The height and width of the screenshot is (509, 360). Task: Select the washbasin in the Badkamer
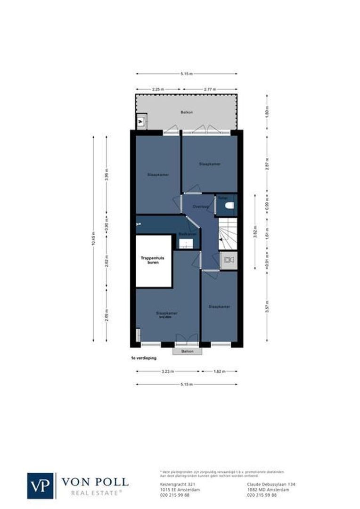pos(186,244)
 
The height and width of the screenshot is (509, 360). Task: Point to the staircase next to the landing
pos(227,234)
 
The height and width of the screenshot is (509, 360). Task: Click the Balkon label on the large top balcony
pos(187,112)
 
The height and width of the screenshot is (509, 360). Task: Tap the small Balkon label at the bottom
pos(187,351)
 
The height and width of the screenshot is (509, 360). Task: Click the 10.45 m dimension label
pos(93,239)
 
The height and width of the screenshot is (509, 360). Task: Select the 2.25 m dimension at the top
pos(158,89)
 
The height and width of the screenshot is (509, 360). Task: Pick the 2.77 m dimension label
pos(210,89)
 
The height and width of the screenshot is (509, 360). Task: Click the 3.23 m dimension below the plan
pos(168,371)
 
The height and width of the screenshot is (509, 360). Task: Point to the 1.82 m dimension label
pos(220,371)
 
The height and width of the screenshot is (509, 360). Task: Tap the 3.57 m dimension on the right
pos(267,307)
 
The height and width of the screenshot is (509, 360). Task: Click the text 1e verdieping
pos(144,358)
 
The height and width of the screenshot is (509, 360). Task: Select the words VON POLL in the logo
pos(95,482)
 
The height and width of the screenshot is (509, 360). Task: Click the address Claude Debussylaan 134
pos(271,484)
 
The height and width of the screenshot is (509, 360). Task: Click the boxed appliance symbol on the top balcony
pos(141,122)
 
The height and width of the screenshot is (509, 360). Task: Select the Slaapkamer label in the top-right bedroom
pos(210,164)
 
